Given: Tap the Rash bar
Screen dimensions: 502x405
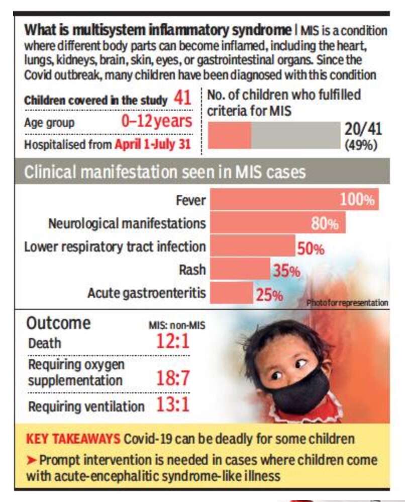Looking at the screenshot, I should coord(240,269).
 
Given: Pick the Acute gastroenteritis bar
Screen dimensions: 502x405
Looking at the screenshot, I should coord(232,293).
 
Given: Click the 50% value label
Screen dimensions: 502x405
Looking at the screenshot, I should coord(311,248).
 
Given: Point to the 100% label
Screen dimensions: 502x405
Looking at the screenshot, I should coord(357,200).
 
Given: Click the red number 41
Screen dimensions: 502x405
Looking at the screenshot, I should coord(182,99).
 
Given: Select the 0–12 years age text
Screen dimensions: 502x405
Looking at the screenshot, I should coord(156,121).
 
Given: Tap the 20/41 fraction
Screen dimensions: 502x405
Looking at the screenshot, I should coord(363,129).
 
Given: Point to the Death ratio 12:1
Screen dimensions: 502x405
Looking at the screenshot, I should coord(173,342).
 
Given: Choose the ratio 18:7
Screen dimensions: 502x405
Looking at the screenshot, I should coord(173,378).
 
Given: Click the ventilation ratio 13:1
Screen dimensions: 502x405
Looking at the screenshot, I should coord(173,405).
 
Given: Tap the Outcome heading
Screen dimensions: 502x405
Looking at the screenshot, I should coord(58,323).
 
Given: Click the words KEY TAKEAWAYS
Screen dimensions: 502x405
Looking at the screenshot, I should coord(73,438).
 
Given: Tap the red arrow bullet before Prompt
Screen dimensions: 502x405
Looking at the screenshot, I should coord(32,460).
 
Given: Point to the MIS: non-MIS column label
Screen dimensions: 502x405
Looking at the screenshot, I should coord(176,325).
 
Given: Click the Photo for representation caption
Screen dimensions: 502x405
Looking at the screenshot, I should coord(347,303).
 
